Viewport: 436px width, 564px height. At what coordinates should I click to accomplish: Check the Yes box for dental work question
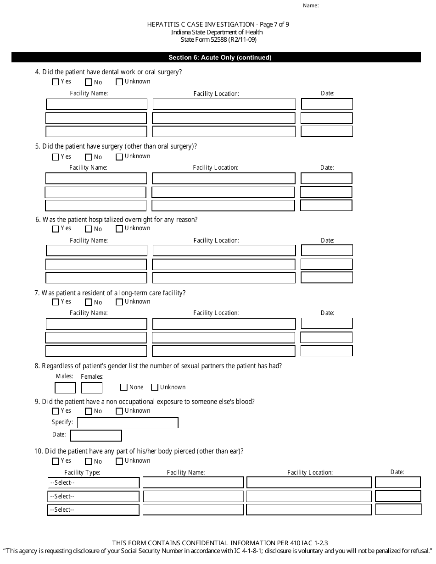(56, 82)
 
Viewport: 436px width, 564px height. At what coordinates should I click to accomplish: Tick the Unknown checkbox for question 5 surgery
(119, 157)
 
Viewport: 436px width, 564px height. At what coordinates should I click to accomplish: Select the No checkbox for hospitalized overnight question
(89, 229)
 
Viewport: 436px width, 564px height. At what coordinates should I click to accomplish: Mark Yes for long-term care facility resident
(56, 302)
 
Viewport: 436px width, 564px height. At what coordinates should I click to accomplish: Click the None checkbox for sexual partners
(123, 387)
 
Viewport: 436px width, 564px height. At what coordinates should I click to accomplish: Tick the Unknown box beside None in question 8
(155, 387)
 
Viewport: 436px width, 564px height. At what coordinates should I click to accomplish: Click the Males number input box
(65, 388)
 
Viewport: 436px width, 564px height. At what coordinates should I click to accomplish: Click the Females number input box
(92, 388)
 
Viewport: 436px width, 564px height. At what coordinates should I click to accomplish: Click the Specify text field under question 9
(128, 423)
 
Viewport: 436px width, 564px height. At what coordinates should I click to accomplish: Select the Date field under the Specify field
(96, 435)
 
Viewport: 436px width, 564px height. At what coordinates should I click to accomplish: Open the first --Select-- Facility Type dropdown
(94, 483)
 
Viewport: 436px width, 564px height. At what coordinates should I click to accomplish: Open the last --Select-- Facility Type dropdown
(94, 510)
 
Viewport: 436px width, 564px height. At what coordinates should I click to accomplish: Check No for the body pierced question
(89, 461)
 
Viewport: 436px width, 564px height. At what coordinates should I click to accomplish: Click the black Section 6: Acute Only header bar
(216, 58)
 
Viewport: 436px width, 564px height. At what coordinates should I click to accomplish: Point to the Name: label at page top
(311, 6)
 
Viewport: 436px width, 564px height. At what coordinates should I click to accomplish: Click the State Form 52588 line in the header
(217, 39)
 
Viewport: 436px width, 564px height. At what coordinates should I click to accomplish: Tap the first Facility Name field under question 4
(96, 104)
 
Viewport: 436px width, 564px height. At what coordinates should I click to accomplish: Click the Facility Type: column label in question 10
(82, 472)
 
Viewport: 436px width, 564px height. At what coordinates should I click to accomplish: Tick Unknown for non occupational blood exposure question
(119, 411)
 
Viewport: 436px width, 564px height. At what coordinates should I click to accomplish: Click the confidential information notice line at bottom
(217, 542)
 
